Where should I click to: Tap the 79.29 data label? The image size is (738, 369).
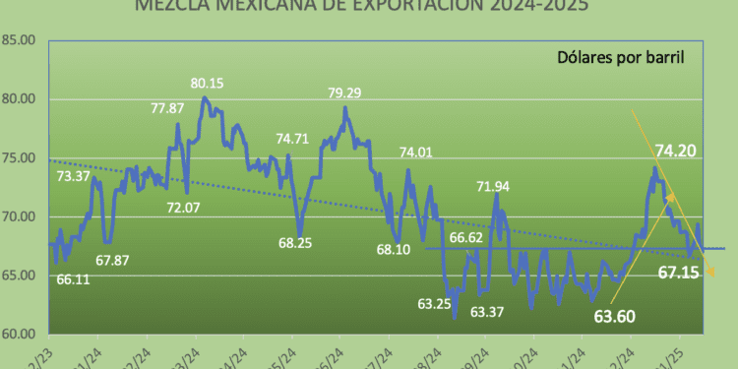click(x=349, y=94)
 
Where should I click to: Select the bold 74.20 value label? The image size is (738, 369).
click(x=679, y=151)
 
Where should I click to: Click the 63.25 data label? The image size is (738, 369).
click(x=434, y=304)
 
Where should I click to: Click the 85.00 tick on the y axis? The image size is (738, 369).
click(x=21, y=40)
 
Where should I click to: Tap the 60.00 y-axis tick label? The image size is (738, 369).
click(x=21, y=335)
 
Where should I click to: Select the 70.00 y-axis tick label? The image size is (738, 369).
click(x=21, y=217)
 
